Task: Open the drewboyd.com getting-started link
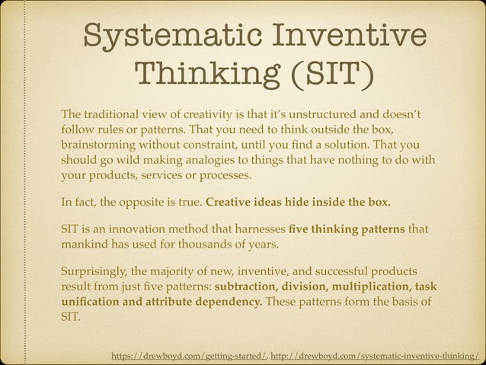pyautogui.click(x=189, y=354)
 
